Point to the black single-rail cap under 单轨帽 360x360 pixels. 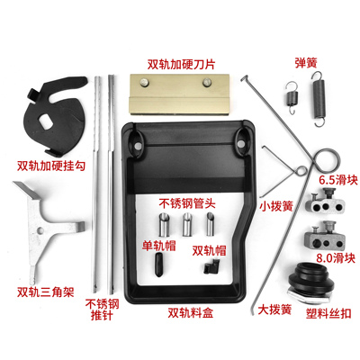[158, 263]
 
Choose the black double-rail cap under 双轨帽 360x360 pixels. [209, 266]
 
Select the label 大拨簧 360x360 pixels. [273, 309]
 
